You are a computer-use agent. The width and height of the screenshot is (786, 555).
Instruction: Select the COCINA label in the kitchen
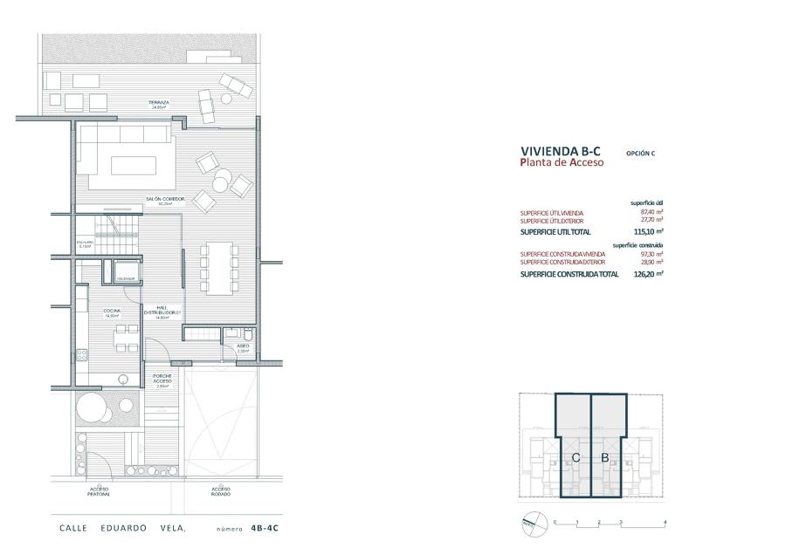click(x=111, y=312)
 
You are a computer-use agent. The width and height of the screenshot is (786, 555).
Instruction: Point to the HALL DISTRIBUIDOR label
click(x=162, y=312)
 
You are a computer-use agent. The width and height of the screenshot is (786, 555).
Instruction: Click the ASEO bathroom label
click(x=243, y=346)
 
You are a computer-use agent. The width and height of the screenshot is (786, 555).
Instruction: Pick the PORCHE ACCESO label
click(x=162, y=380)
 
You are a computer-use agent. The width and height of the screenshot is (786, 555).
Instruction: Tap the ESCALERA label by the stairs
click(x=85, y=243)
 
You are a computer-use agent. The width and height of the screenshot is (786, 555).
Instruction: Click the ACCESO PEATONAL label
click(x=99, y=491)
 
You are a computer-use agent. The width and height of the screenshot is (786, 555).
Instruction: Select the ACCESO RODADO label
click(x=220, y=491)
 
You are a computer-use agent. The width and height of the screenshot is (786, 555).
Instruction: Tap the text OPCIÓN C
click(x=640, y=154)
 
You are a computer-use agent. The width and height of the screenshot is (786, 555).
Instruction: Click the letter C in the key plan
click(x=576, y=456)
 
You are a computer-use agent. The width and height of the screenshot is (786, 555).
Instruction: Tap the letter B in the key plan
click(x=604, y=456)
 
